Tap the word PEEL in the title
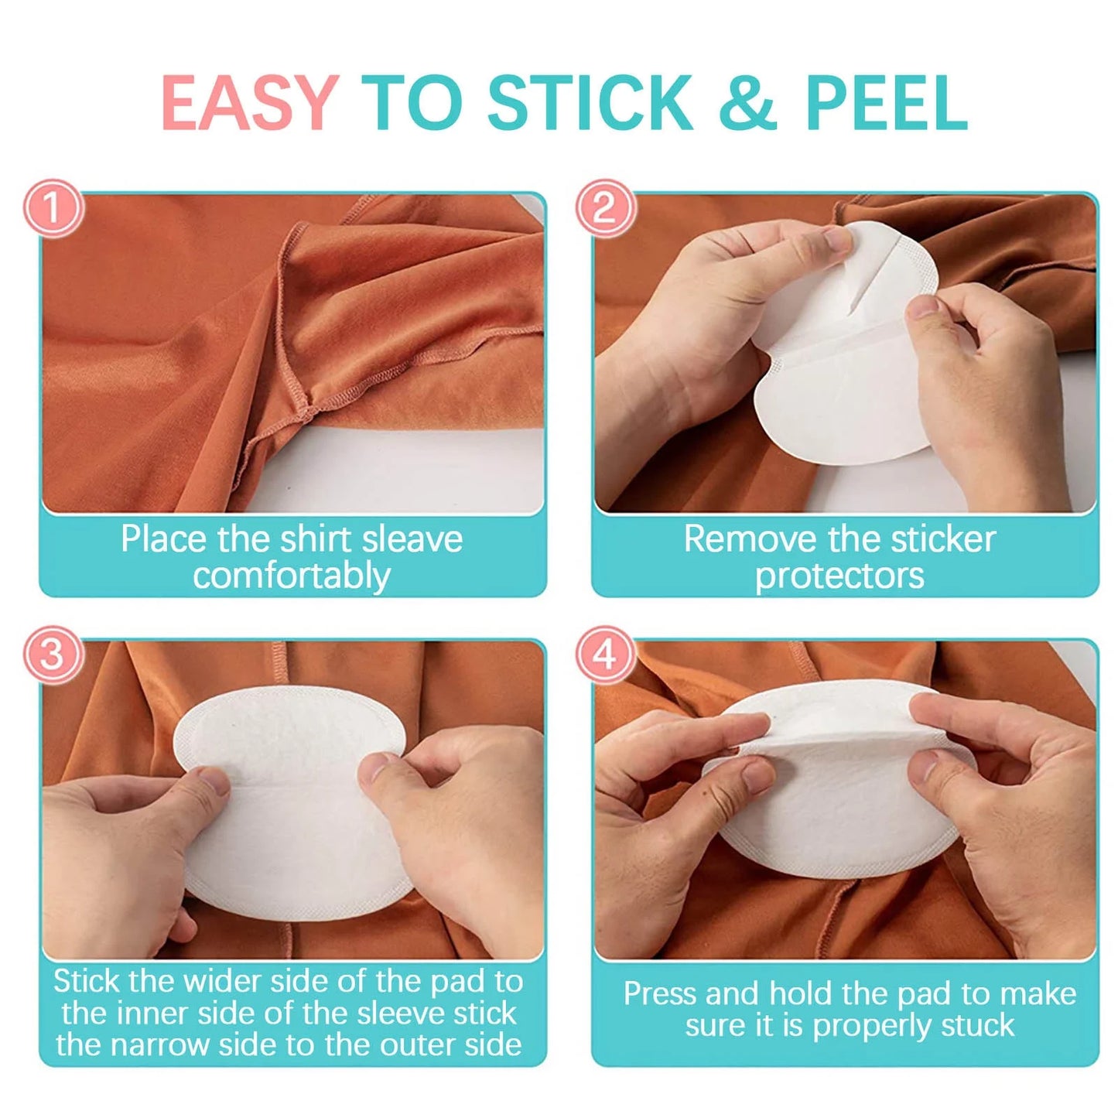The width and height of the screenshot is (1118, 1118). click(886, 103)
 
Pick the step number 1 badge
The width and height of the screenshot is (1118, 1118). click(52, 208)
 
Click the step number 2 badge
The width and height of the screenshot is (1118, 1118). click(604, 208)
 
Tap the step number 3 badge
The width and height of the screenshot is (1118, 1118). click(52, 655)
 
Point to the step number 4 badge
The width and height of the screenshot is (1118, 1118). click(604, 655)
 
